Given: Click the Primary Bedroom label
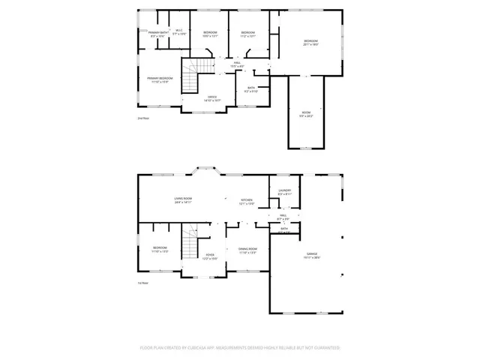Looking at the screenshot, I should click(159, 80).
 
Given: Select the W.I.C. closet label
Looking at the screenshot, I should click(179, 32).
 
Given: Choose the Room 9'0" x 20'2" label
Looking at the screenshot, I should click(306, 114).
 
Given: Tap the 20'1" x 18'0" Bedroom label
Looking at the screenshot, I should click(310, 43).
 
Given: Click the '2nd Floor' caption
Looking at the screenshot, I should click(142, 118).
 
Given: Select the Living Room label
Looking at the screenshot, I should click(184, 200).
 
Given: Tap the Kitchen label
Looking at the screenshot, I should click(246, 201).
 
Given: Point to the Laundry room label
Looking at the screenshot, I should click(284, 192).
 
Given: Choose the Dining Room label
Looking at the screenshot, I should click(248, 250).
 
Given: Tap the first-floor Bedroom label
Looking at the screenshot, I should click(160, 249).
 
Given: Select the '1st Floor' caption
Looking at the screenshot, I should click(142, 283).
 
